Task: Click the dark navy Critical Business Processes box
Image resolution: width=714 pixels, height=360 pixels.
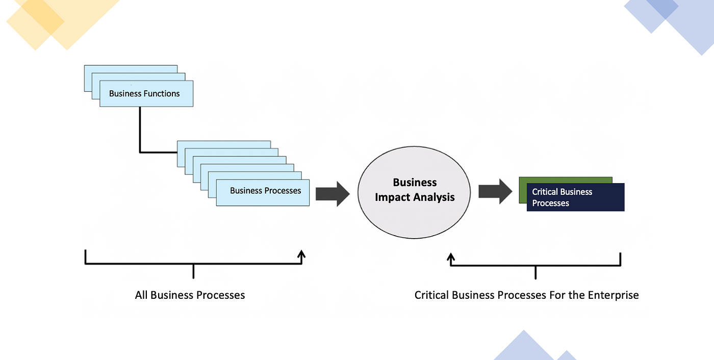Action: point(575,197)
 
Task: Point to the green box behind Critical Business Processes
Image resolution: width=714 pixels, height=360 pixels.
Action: point(565,180)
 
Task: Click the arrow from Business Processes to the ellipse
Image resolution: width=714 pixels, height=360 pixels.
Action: point(332,194)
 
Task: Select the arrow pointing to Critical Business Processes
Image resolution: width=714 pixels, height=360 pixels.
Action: point(495,192)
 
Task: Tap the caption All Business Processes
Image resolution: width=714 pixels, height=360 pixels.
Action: point(190,295)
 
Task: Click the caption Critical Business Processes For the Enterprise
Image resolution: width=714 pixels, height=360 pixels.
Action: point(526,295)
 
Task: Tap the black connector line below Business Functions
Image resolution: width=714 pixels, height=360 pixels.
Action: point(140,130)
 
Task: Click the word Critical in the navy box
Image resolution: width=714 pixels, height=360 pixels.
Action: point(546,192)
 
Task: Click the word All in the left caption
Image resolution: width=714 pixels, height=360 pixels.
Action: point(141,295)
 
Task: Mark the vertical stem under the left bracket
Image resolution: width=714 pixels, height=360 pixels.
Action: point(193,271)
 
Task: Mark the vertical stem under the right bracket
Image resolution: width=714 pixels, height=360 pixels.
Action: point(535,272)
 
